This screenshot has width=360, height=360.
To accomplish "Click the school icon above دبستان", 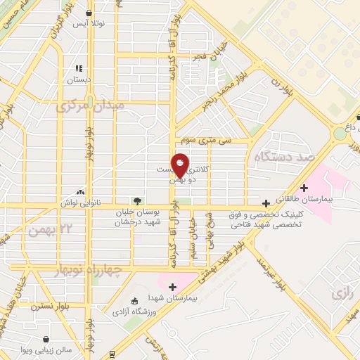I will (79, 69).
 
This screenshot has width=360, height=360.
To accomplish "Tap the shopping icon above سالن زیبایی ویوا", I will (46, 339).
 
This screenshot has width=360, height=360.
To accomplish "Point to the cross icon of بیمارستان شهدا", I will (173, 286).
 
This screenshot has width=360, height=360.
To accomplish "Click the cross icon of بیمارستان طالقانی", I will (304, 188).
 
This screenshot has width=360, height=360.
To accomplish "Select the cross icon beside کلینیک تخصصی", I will (265, 203).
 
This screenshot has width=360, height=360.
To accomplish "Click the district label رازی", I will (340, 292).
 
